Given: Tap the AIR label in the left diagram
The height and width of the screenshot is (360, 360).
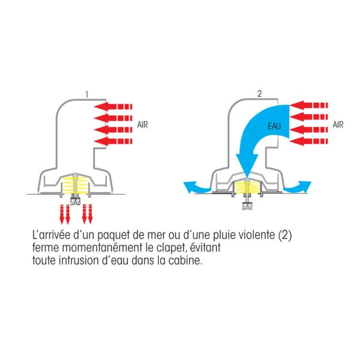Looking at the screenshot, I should point(143,124).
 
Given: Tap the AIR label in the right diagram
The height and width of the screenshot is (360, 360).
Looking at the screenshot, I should point(338,124).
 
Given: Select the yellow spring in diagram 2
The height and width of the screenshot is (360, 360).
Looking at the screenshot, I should point(248,187).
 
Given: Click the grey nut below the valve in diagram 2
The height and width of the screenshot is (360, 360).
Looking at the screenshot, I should point(248,207).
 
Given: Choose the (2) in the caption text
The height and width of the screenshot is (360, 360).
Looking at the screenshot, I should point(287,236).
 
